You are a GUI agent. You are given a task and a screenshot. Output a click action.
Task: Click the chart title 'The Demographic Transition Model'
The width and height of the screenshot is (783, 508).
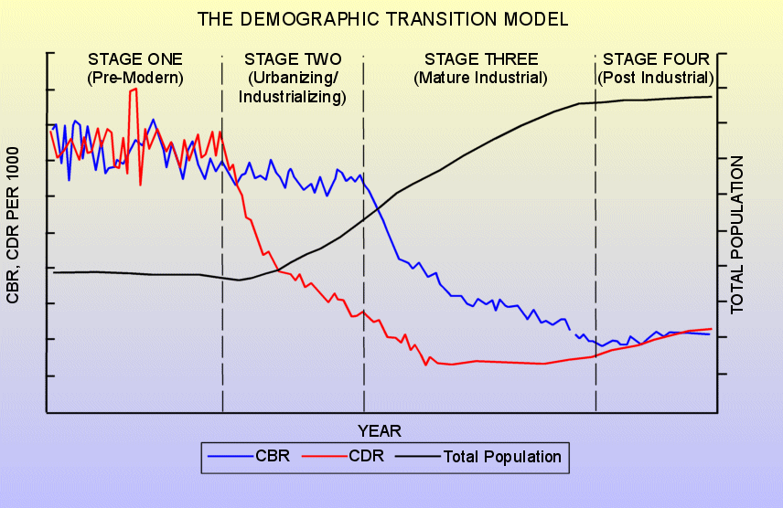point(382,19)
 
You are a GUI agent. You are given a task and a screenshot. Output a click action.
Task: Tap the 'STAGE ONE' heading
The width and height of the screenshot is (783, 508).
point(135,59)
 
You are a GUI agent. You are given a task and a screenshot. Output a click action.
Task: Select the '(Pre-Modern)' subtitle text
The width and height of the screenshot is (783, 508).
point(135,78)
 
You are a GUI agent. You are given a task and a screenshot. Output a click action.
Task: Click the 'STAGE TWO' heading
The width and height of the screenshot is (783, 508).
point(293,59)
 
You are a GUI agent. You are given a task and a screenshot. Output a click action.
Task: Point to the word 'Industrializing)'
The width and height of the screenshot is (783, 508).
point(293,96)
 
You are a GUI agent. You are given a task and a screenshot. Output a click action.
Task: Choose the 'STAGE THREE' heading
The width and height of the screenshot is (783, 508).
point(481,59)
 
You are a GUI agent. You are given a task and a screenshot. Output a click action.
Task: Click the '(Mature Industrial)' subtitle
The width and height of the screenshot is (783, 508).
point(480,78)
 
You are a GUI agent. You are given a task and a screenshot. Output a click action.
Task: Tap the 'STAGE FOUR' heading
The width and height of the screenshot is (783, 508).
point(656,59)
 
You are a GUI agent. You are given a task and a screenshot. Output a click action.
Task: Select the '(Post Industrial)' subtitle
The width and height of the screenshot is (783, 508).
point(656,78)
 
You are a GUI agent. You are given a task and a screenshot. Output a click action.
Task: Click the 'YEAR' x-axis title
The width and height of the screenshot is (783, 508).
point(380,431)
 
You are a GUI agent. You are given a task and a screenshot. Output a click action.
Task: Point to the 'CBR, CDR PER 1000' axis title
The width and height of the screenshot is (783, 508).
point(13,225)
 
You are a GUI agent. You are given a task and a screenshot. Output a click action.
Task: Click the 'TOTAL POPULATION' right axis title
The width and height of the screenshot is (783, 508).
point(737,235)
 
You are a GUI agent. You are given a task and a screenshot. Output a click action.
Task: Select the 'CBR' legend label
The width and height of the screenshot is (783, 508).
point(273,456)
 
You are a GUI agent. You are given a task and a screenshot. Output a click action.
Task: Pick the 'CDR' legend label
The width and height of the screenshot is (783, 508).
point(367,456)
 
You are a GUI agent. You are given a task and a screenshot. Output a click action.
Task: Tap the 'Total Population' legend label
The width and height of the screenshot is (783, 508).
point(502,457)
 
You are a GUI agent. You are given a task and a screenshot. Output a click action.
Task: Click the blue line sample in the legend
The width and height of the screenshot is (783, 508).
point(231,456)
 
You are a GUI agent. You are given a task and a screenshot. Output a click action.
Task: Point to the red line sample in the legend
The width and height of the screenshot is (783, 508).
point(325,456)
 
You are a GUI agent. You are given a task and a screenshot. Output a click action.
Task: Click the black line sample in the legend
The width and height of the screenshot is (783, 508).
point(418,456)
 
